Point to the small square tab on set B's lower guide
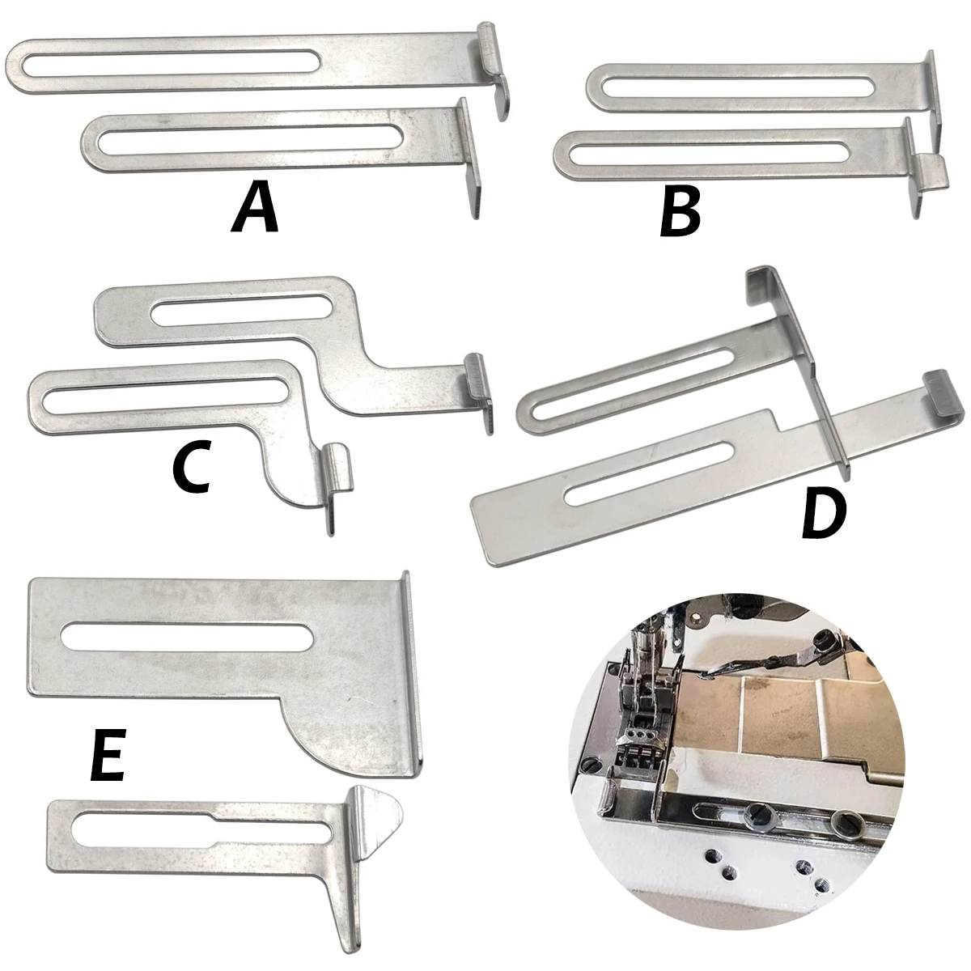(x=932, y=172)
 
